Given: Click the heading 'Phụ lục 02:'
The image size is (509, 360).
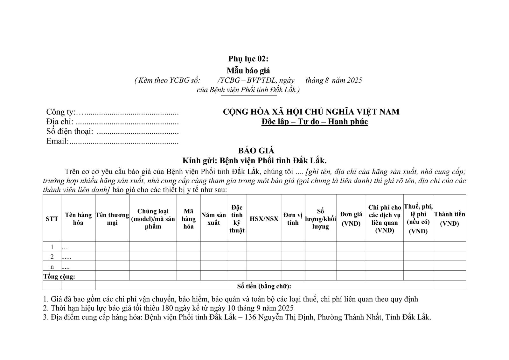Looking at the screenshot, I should [248, 59].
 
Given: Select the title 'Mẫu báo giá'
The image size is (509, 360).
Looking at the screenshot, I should [248, 70].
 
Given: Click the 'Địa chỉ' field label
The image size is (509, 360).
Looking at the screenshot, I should [60, 122].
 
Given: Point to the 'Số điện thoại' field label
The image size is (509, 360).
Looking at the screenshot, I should [70, 131].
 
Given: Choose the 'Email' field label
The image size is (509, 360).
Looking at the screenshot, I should [57, 141].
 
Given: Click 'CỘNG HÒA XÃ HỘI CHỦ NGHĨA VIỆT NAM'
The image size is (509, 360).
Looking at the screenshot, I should [311, 112].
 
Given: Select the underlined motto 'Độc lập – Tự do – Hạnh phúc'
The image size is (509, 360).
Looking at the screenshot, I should [314, 122].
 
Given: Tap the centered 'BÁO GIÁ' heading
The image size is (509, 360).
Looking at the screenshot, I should [256, 151].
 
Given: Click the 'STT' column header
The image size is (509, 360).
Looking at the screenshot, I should [52, 219].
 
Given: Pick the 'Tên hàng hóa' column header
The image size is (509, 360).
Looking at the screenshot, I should [78, 219].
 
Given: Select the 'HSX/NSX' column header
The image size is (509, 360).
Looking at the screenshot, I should [264, 219].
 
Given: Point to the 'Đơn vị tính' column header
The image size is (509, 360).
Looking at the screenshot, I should [293, 219].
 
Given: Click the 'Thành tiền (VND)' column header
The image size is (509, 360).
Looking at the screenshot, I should [449, 219].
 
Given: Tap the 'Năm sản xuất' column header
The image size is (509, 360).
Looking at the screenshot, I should [213, 219].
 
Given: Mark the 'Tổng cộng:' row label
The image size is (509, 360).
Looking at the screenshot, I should [59, 276].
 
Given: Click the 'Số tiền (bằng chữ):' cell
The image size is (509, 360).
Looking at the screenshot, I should [264, 286].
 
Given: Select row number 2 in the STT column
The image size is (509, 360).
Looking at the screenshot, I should [52, 257].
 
